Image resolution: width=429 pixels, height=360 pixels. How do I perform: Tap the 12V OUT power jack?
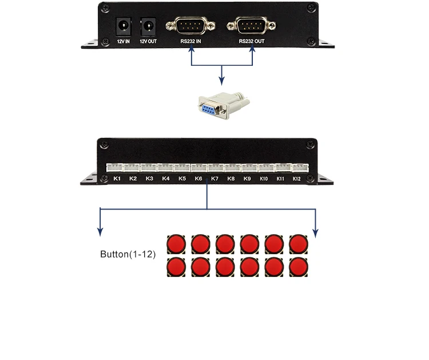(x=148, y=26)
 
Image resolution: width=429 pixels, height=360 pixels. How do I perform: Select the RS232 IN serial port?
(x=191, y=26)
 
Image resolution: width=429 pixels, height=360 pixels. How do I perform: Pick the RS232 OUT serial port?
(x=252, y=26)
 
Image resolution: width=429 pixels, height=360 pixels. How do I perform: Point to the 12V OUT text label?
(x=148, y=42)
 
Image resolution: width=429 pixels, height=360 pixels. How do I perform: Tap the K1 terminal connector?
(x=115, y=167)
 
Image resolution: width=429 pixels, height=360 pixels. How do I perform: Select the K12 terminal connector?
(x=299, y=167)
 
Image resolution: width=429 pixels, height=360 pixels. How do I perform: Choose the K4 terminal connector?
(x=166, y=167)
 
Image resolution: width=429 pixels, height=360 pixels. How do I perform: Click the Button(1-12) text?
(x=128, y=254)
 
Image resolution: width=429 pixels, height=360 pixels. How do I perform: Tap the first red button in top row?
(x=176, y=244)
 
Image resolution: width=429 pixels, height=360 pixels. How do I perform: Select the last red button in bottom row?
(x=299, y=267)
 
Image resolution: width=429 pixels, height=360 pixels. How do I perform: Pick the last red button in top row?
(x=299, y=244)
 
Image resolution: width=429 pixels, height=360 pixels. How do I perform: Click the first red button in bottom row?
(x=176, y=267)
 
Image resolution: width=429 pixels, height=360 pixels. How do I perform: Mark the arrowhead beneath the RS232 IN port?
(x=191, y=52)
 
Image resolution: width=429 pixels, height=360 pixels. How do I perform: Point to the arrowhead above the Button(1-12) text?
(x=100, y=232)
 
